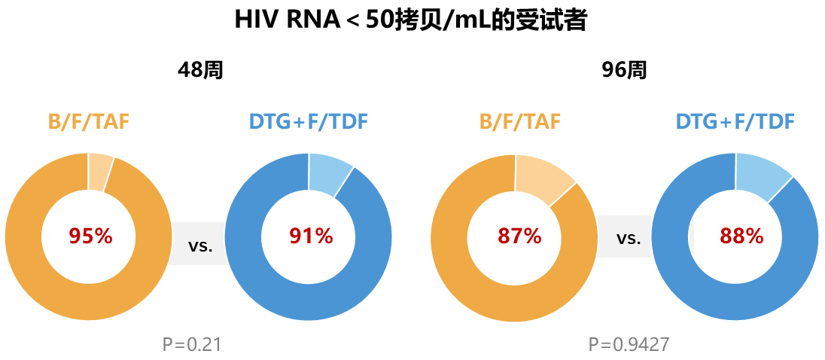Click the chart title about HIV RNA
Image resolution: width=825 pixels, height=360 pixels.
point(411,20)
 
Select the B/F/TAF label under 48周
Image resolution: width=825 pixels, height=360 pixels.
point(89,121)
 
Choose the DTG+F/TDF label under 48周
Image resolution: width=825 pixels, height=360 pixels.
point(309,121)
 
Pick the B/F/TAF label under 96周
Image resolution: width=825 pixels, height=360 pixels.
point(520,121)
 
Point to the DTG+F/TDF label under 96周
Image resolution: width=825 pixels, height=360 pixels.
point(735,121)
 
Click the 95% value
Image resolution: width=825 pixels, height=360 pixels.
point(90,236)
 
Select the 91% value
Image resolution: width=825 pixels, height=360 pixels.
point(311,236)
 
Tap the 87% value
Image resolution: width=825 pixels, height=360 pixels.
point(519,236)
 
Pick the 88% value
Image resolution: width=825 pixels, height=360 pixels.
point(741,236)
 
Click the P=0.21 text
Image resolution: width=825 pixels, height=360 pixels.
point(192,345)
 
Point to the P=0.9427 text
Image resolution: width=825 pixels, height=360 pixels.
point(629,345)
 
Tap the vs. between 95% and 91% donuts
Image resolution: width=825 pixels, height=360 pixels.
point(200,245)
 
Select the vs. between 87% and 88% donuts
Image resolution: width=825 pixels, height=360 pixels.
point(629,239)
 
